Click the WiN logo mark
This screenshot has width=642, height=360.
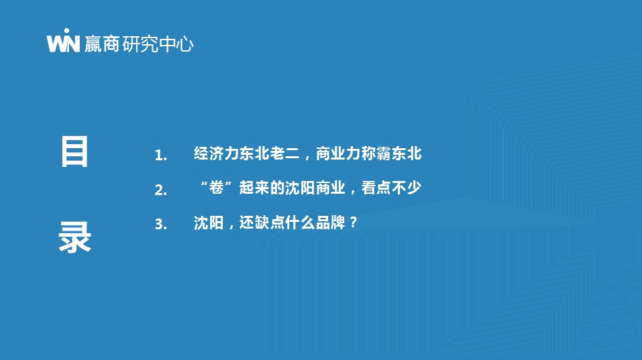(63, 40)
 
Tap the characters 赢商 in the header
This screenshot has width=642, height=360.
(102, 44)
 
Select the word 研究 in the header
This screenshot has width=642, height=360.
(140, 44)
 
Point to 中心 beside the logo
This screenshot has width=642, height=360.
(176, 44)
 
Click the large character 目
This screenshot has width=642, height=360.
(74, 152)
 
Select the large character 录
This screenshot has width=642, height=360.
(74, 237)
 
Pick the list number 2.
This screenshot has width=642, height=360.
(160, 190)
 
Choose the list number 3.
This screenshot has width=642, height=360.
(160, 224)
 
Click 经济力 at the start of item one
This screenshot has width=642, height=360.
(216, 154)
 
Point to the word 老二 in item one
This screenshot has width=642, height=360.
(284, 154)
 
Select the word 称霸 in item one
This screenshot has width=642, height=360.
(376, 154)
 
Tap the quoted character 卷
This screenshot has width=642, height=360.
(216, 188)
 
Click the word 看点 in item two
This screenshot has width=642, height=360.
(376, 188)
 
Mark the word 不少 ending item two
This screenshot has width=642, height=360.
(406, 188)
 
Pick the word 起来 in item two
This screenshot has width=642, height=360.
(254, 188)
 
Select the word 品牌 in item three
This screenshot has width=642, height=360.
(330, 223)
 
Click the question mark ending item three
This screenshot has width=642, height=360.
(354, 223)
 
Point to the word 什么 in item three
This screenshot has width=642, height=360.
(300, 223)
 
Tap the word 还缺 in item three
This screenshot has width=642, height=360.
(254, 223)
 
